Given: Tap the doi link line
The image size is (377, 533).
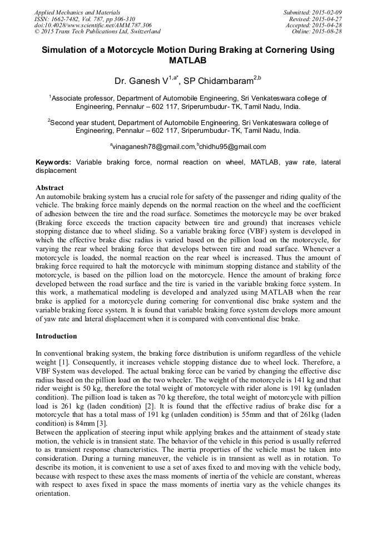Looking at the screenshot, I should [93, 25].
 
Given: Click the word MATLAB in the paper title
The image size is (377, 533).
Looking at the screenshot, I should [188, 60].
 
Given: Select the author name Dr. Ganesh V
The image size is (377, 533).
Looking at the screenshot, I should [142, 82].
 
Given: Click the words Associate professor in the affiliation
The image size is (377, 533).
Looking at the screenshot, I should [79, 98].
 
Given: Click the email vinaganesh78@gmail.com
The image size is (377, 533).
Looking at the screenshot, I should [153, 147].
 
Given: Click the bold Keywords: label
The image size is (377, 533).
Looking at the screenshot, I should [53, 162].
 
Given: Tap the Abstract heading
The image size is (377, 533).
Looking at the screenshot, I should [49, 188].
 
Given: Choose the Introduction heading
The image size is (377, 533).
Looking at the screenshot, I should [56, 336].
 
